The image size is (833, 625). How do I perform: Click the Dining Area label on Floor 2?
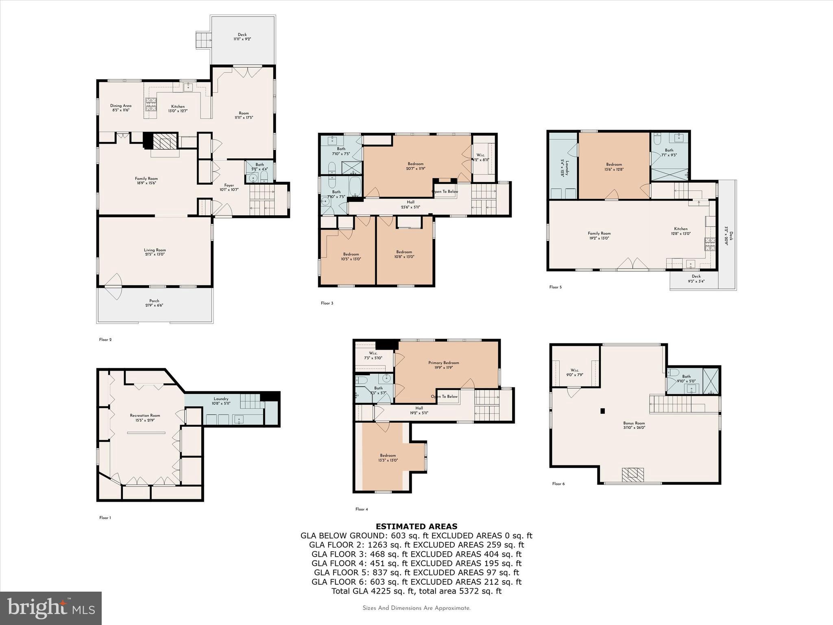[120, 108]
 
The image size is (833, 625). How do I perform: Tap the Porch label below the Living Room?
[154, 303]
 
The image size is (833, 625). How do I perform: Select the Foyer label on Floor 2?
[229, 187]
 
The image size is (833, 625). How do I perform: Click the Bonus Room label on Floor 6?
[634, 425]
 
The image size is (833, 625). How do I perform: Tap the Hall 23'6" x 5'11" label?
[411, 204]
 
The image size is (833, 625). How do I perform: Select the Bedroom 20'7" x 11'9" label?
[415, 166]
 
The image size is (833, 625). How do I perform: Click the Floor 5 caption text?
[555, 287]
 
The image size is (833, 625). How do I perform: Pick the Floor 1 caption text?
[105, 518]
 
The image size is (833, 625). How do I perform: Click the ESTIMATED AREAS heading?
[416, 527]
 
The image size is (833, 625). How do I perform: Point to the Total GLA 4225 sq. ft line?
[416, 591]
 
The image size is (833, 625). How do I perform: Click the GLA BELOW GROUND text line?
[416, 536]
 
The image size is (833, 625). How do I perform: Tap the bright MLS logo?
[51, 608]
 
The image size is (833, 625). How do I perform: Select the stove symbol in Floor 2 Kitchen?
[151, 105]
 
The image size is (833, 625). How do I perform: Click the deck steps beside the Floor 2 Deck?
[203, 39]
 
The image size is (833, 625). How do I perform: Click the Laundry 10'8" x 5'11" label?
[221, 401]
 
